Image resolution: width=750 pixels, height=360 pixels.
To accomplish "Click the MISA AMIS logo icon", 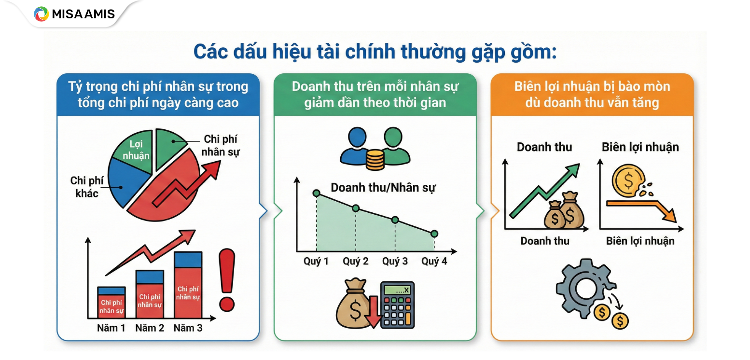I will [x=42, y=14].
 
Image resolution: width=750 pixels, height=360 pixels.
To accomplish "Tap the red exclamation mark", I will [x=226, y=279].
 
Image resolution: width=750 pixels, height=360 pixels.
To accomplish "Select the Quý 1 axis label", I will [x=316, y=262].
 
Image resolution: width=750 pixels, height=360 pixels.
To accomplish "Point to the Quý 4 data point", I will [x=434, y=234].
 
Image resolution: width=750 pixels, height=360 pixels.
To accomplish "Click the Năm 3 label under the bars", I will [x=188, y=328].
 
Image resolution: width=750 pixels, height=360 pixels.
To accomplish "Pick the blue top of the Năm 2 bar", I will [x=150, y=277].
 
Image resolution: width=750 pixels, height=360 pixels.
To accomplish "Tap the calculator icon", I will [x=397, y=305].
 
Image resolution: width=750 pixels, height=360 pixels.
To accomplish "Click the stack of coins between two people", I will [x=375, y=160].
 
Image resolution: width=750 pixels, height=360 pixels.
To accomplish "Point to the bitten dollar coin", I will [x=627, y=181].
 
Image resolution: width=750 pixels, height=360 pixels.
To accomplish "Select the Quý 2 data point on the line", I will [x=356, y=208].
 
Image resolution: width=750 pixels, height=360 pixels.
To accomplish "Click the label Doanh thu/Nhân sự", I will [x=383, y=188].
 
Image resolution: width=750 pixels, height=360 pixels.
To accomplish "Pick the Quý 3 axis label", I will [x=395, y=262].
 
